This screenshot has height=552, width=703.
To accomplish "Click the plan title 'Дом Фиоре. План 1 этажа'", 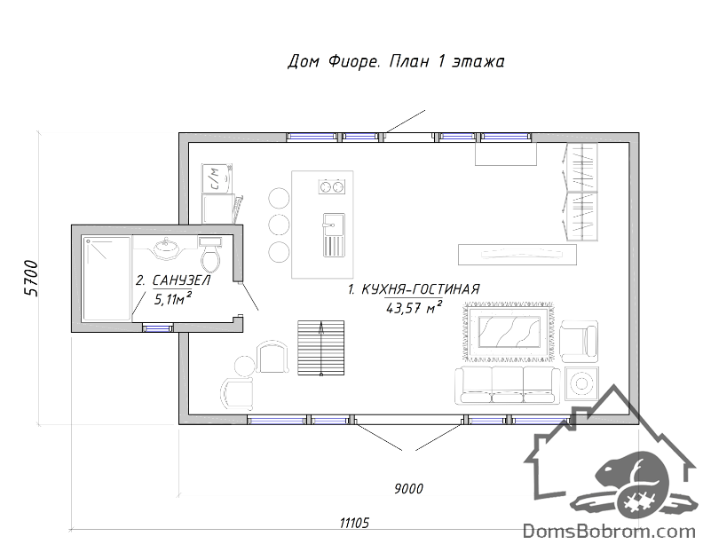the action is tap(396, 61).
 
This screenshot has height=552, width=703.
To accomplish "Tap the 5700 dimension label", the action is tap(31, 278).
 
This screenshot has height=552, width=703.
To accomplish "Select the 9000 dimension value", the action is tap(408, 488).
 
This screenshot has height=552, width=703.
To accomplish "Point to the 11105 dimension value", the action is tap(354, 523).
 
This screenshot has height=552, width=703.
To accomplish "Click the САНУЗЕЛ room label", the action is tap(181, 280).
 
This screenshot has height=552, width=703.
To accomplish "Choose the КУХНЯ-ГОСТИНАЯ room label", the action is tap(420, 289).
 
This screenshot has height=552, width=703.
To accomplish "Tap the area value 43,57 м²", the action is tap(414, 307).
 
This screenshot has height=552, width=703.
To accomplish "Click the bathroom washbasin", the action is tap(165, 248).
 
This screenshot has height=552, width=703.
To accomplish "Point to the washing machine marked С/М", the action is tap(217, 178).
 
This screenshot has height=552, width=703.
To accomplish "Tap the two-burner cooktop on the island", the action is tap(332, 186).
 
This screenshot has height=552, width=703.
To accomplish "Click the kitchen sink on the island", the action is tap(334, 235).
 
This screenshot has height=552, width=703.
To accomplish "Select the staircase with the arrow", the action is tap(321, 348).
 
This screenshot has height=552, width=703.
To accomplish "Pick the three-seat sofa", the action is tap(508, 385).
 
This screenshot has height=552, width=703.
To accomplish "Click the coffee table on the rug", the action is tap(509, 332).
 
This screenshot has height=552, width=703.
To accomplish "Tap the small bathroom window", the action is tap(158, 328).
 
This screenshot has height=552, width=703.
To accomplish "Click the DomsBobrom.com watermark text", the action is tap(610, 532).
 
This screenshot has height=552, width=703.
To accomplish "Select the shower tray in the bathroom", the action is tap(107, 279).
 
